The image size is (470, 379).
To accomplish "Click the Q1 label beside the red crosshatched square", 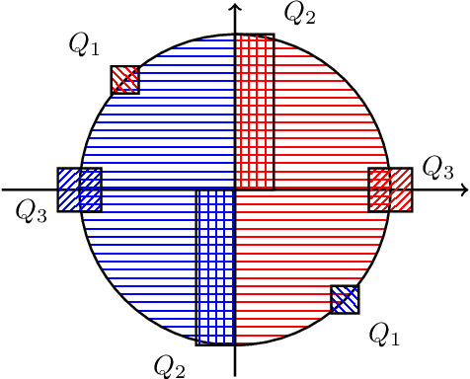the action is [83, 42].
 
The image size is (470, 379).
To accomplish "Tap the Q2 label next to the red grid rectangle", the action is [299, 13].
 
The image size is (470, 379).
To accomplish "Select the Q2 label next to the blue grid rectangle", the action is [170, 365].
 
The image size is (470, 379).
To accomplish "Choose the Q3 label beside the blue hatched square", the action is [32, 212].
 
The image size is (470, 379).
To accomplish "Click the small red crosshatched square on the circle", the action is [124, 79].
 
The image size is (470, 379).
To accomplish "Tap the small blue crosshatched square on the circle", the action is [345, 299].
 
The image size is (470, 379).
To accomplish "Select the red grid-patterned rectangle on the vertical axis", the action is [254, 111].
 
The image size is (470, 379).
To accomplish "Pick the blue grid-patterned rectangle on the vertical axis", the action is [215, 266].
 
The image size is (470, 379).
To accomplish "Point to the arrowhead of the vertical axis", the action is [235, 7].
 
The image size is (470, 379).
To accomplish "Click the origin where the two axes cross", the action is [235, 189].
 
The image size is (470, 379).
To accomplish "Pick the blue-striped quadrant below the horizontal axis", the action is [138, 257].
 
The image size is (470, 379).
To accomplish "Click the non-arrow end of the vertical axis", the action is [235, 375].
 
